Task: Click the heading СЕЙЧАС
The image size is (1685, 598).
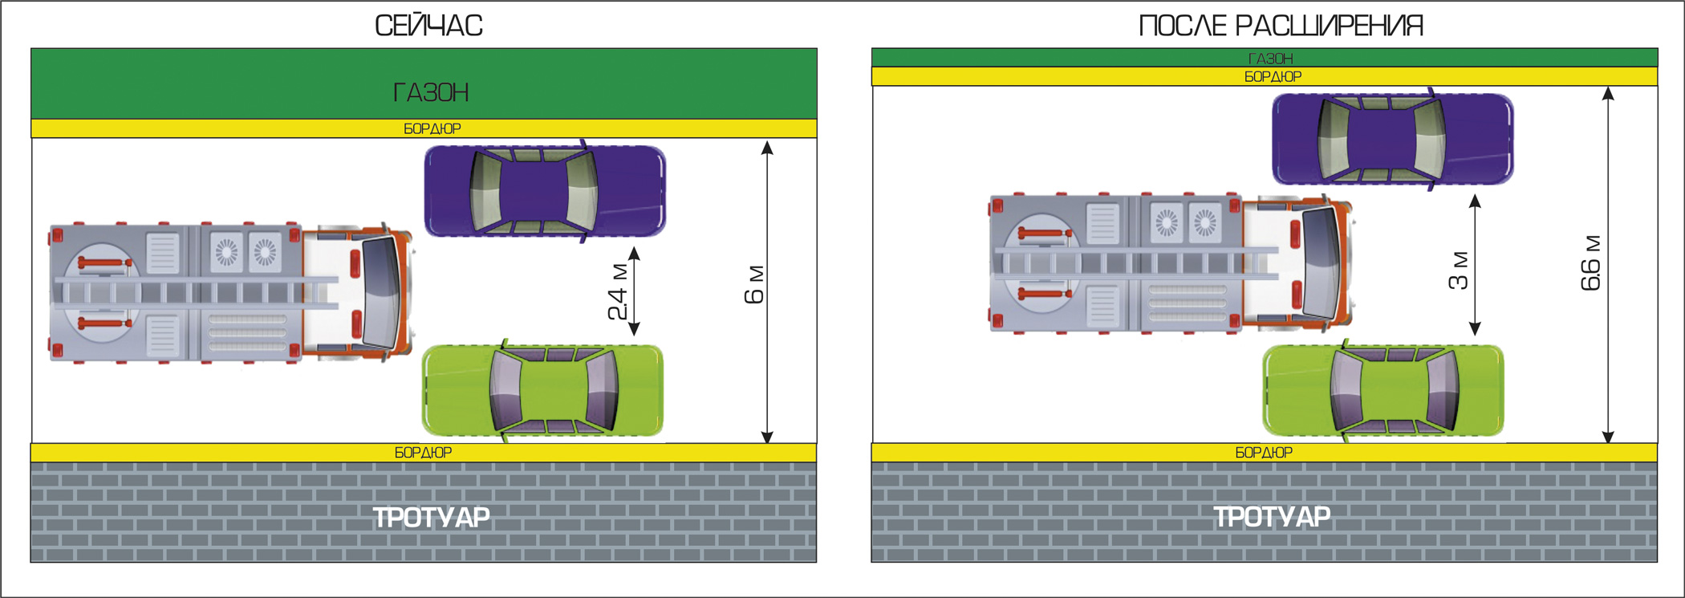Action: [428, 26]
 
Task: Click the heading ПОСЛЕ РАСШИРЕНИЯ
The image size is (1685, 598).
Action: [1281, 26]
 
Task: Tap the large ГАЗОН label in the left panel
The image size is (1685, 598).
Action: [431, 93]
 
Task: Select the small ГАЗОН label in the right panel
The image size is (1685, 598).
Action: [1271, 59]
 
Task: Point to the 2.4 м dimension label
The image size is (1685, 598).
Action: [617, 291]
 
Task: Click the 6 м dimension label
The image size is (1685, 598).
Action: [754, 285]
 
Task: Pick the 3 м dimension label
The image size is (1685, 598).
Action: [1458, 271]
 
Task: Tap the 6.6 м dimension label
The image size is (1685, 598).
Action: [1590, 262]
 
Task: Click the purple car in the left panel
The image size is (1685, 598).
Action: [544, 191]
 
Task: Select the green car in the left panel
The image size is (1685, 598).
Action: [542, 391]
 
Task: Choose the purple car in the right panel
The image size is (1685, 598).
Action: [1392, 139]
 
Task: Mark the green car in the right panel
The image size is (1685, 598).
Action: [1383, 391]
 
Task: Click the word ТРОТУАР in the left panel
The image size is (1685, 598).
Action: [431, 517]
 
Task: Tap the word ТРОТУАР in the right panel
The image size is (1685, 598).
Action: [1272, 517]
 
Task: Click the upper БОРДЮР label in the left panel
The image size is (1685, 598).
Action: [432, 128]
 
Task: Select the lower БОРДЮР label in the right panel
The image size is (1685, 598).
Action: [1264, 453]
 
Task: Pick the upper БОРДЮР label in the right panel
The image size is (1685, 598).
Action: [1273, 77]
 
